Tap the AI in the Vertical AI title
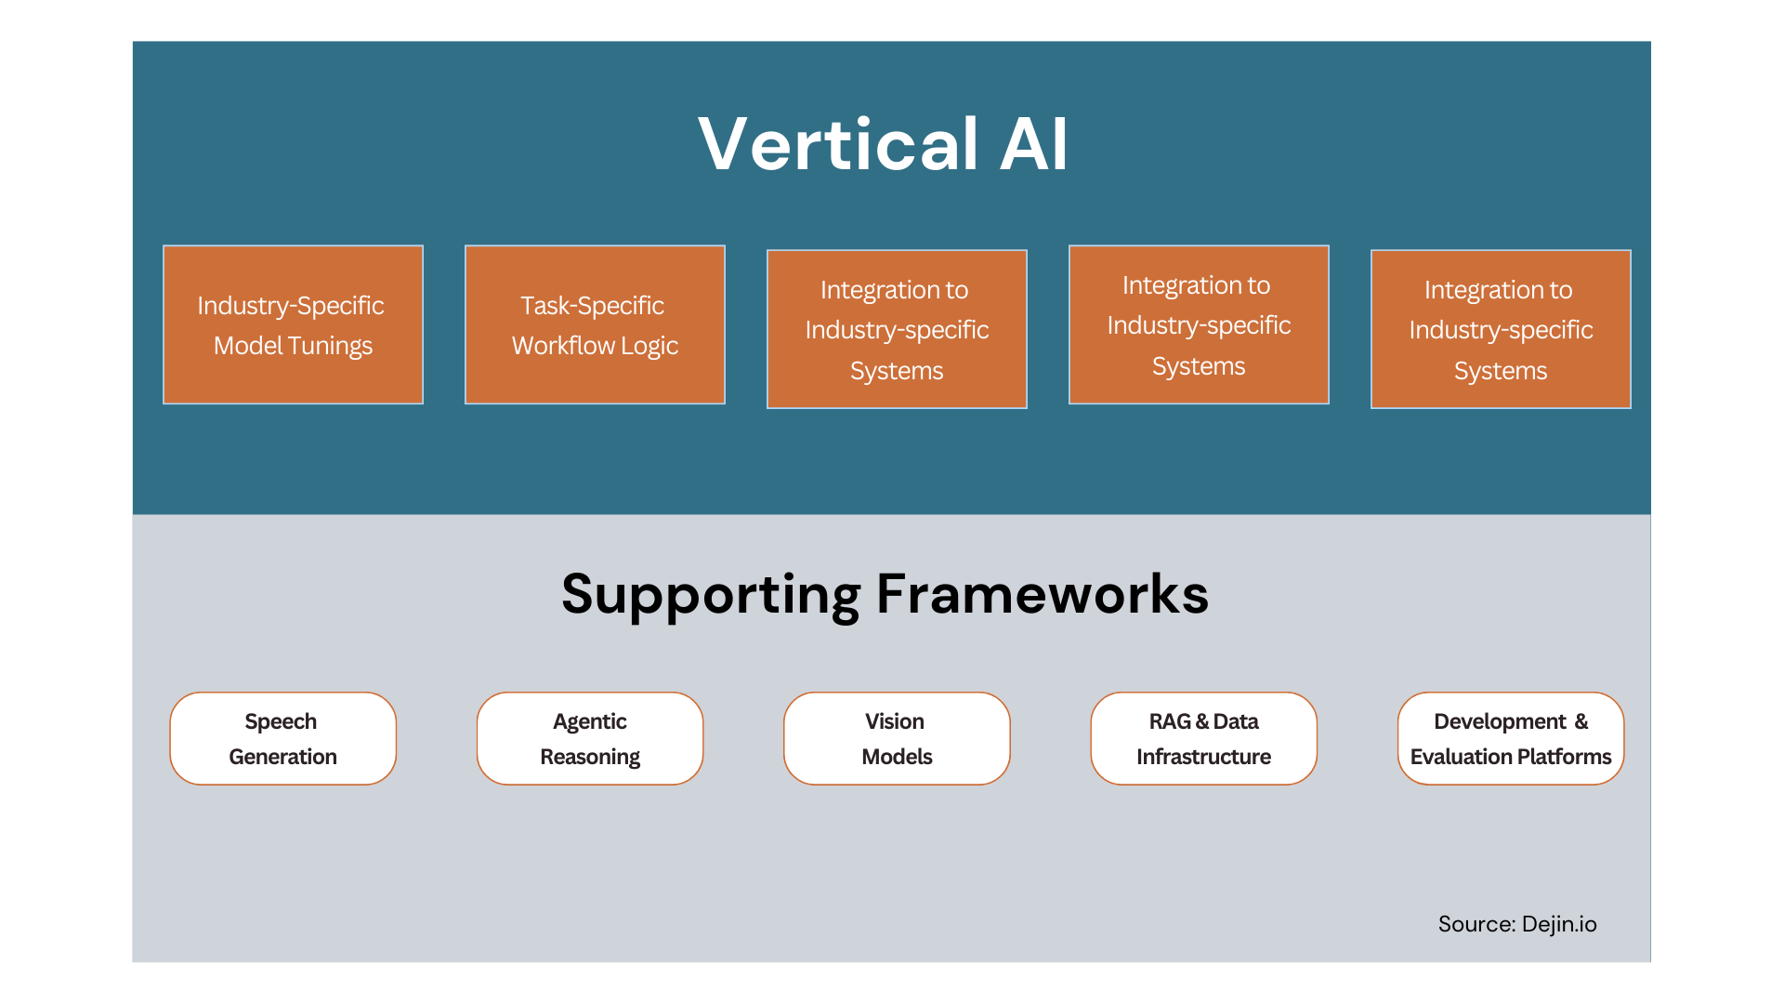1033,145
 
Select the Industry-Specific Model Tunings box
293,324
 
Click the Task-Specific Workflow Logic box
595,324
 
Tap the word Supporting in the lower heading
711,595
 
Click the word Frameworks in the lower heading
1042,595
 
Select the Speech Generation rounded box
282,738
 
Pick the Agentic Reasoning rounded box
590,738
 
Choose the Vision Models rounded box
897,738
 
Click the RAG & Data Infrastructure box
1203,738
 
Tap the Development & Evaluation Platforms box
1511,738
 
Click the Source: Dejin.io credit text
1516,924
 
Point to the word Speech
281,721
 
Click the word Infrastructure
1203,757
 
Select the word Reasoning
590,757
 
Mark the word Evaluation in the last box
1461,757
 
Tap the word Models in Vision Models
897,757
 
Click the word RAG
1169,721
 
